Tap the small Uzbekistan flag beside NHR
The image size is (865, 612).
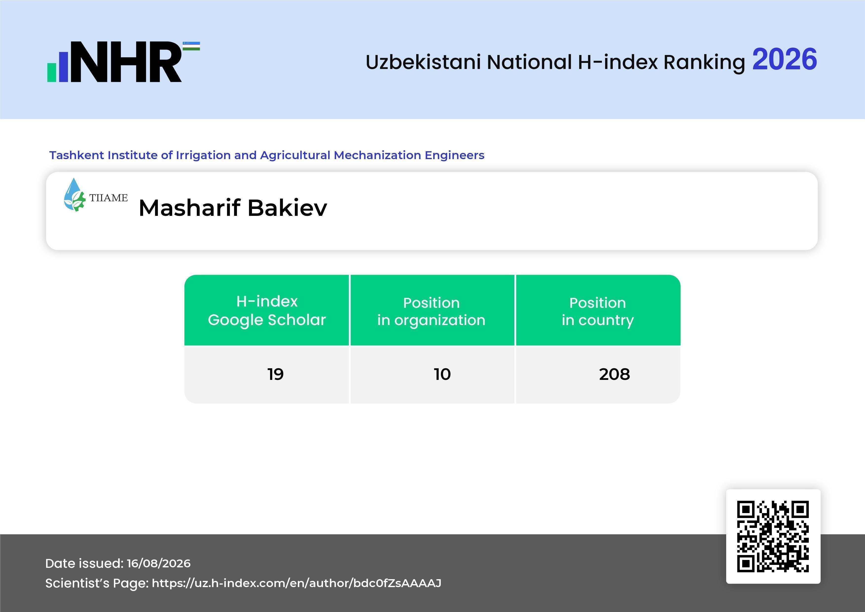(x=191, y=46)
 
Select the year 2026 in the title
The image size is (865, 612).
(x=784, y=59)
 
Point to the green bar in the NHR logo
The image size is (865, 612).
(x=52, y=72)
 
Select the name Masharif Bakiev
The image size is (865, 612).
(x=233, y=208)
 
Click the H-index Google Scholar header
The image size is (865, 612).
(x=267, y=311)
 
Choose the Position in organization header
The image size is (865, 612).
(x=431, y=311)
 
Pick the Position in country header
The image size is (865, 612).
(x=597, y=311)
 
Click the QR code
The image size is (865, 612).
(x=773, y=536)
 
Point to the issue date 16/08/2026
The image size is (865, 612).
(x=159, y=563)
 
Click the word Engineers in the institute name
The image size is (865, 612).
(x=454, y=155)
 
